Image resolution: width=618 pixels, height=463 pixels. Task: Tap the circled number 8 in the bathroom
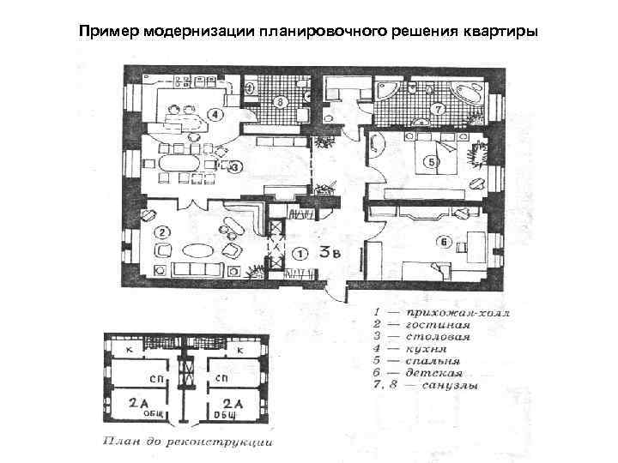click(280, 103)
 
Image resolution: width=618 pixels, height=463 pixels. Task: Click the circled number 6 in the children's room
click(443, 243)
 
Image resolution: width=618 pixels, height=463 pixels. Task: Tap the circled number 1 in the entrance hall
click(300, 254)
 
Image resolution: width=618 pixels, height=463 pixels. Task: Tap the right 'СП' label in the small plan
click(222, 378)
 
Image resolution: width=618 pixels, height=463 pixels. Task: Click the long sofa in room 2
click(198, 271)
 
